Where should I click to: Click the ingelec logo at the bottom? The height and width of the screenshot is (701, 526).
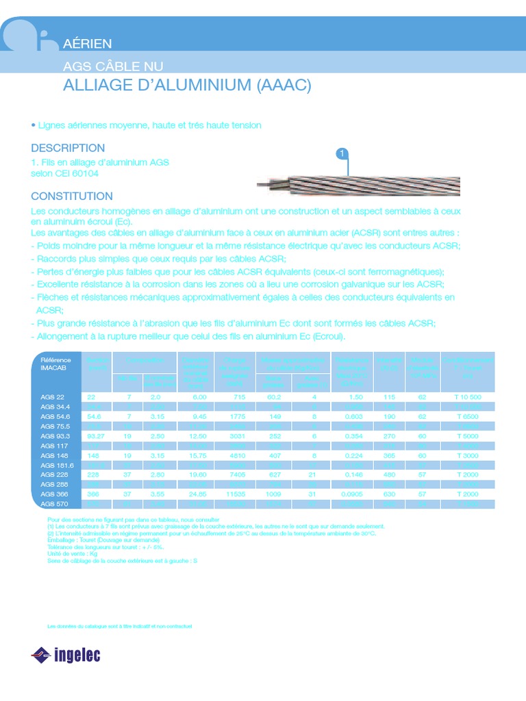[x=66, y=655]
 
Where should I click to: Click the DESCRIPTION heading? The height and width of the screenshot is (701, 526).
[x=68, y=148]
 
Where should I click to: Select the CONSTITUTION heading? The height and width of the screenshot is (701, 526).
[x=72, y=196]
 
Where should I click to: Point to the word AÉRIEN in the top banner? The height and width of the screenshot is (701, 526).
[x=87, y=44]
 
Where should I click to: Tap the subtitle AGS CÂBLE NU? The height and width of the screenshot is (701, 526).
[x=113, y=66]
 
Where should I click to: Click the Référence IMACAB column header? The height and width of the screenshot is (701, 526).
[x=55, y=364]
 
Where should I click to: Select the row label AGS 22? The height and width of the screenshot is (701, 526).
[x=53, y=397]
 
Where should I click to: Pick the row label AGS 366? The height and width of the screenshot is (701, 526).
[x=55, y=494]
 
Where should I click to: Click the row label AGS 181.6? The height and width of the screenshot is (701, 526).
[x=58, y=465]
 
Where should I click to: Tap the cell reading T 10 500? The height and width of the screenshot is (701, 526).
[x=468, y=397]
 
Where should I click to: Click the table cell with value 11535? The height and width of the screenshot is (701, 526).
[x=236, y=494]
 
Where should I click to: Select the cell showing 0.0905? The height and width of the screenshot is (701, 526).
[x=353, y=494]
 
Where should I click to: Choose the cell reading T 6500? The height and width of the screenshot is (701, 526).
[x=468, y=416]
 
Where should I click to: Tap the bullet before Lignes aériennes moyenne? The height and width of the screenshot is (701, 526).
[x=33, y=125]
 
